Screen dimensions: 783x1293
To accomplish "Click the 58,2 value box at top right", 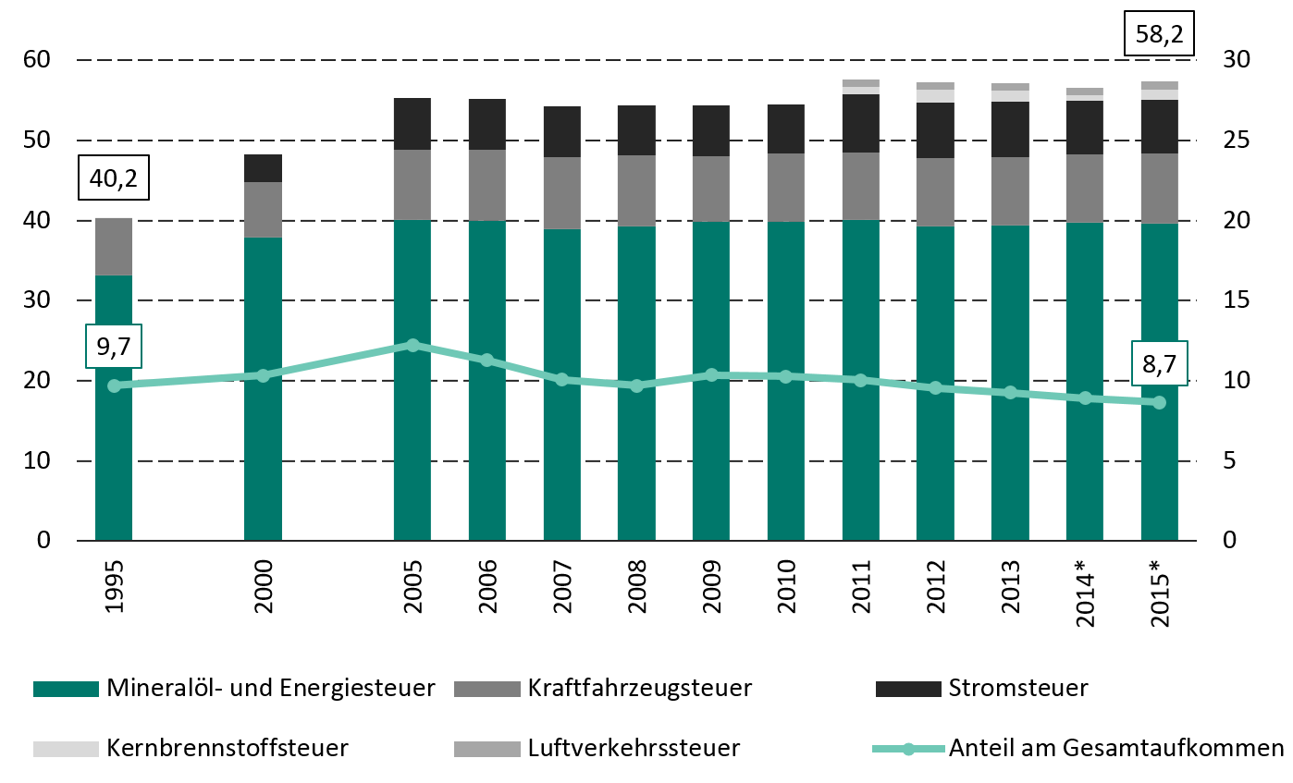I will click(1159, 36).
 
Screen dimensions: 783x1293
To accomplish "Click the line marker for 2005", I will click(413, 345).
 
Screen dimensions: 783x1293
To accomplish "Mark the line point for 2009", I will click(711, 375).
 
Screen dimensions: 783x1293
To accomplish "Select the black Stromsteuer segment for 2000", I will click(263, 168).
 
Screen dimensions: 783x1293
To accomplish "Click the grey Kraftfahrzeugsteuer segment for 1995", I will click(114, 247).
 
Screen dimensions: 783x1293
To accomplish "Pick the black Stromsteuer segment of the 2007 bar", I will click(562, 131).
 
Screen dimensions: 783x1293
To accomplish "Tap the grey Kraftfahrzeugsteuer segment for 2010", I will click(786, 188).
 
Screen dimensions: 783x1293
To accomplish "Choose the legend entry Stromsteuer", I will click(1017, 689).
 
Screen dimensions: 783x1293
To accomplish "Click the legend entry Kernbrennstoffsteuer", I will click(228, 748).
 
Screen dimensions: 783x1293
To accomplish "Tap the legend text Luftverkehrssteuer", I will click(634, 748).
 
